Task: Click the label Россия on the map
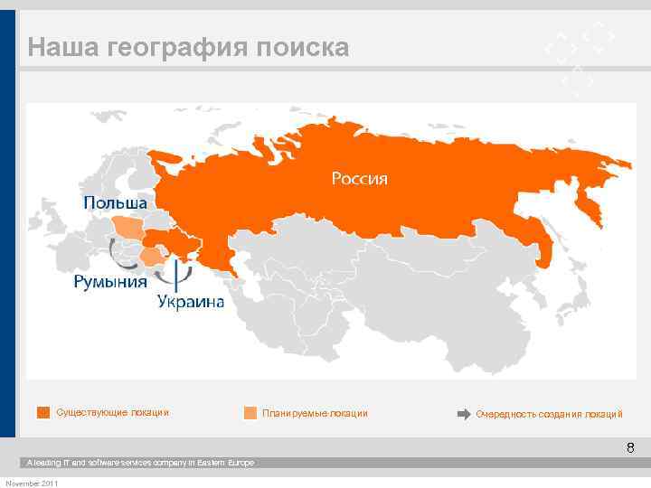[359, 178]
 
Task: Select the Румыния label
[110, 282]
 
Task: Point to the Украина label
[191, 302]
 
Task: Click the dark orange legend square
[42, 413]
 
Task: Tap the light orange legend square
[250, 413]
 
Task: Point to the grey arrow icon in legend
[463, 413]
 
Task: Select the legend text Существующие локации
[112, 413]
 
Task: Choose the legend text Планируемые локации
[315, 413]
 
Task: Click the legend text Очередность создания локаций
[549, 414]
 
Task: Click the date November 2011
[32, 483]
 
